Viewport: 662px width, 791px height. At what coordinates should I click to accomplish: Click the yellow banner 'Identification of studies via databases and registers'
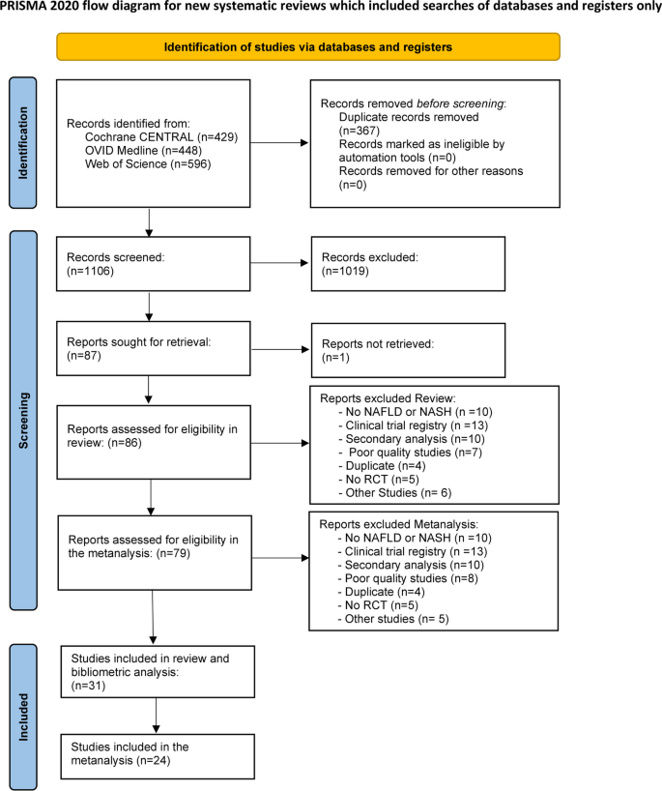click(308, 47)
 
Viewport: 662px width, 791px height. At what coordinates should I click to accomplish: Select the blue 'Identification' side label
click(22, 142)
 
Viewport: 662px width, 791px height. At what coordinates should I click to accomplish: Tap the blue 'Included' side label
click(22, 715)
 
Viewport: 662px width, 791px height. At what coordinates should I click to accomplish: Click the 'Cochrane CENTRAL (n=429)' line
click(160, 137)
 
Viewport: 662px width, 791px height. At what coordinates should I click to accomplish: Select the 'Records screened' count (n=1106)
click(89, 273)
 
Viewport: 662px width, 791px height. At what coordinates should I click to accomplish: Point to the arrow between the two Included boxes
click(155, 717)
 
